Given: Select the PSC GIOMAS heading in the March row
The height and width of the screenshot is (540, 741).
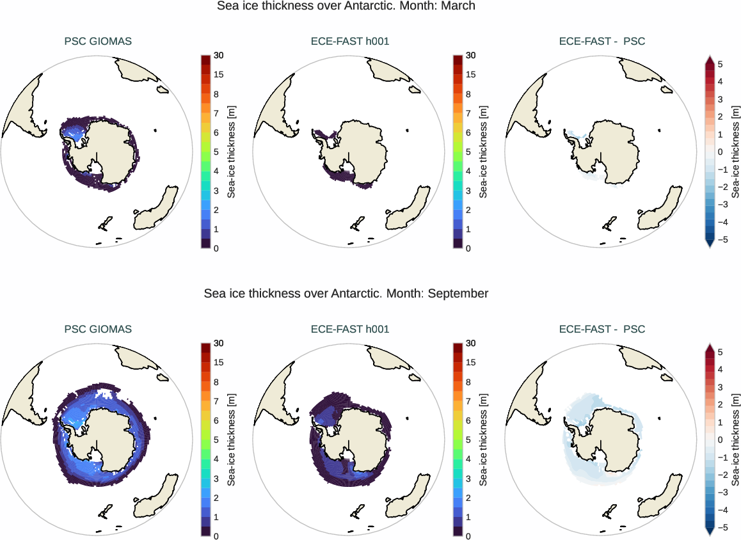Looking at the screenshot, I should pos(98,42).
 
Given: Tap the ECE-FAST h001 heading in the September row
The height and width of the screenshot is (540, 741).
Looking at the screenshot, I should pos(349,330).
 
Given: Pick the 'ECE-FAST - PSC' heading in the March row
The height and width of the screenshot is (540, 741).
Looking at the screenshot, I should pos(602,42).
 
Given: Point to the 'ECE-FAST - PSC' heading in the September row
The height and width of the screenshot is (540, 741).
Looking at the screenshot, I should pos(602,330).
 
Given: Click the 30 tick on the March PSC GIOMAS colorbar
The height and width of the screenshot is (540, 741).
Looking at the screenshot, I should pos(219,56).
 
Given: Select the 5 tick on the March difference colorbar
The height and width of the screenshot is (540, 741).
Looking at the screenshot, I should pos(720,65).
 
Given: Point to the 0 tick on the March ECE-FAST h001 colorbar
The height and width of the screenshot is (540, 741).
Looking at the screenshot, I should pos(469,248).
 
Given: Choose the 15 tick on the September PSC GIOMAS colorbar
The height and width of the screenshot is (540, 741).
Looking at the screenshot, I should pos(219,363).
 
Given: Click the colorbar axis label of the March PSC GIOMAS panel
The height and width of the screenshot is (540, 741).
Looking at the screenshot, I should pos(232,152).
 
